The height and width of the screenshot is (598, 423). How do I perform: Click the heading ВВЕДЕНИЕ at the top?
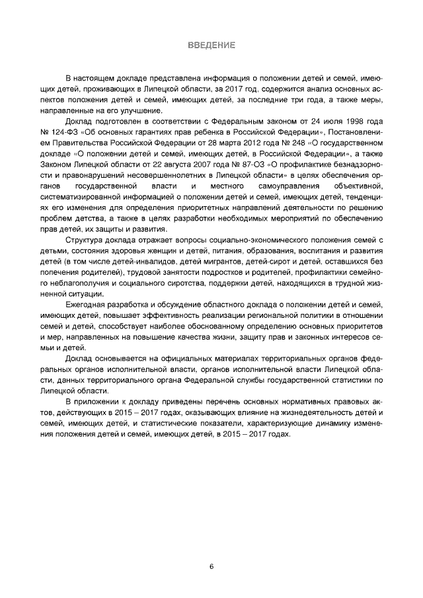[211, 45]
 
